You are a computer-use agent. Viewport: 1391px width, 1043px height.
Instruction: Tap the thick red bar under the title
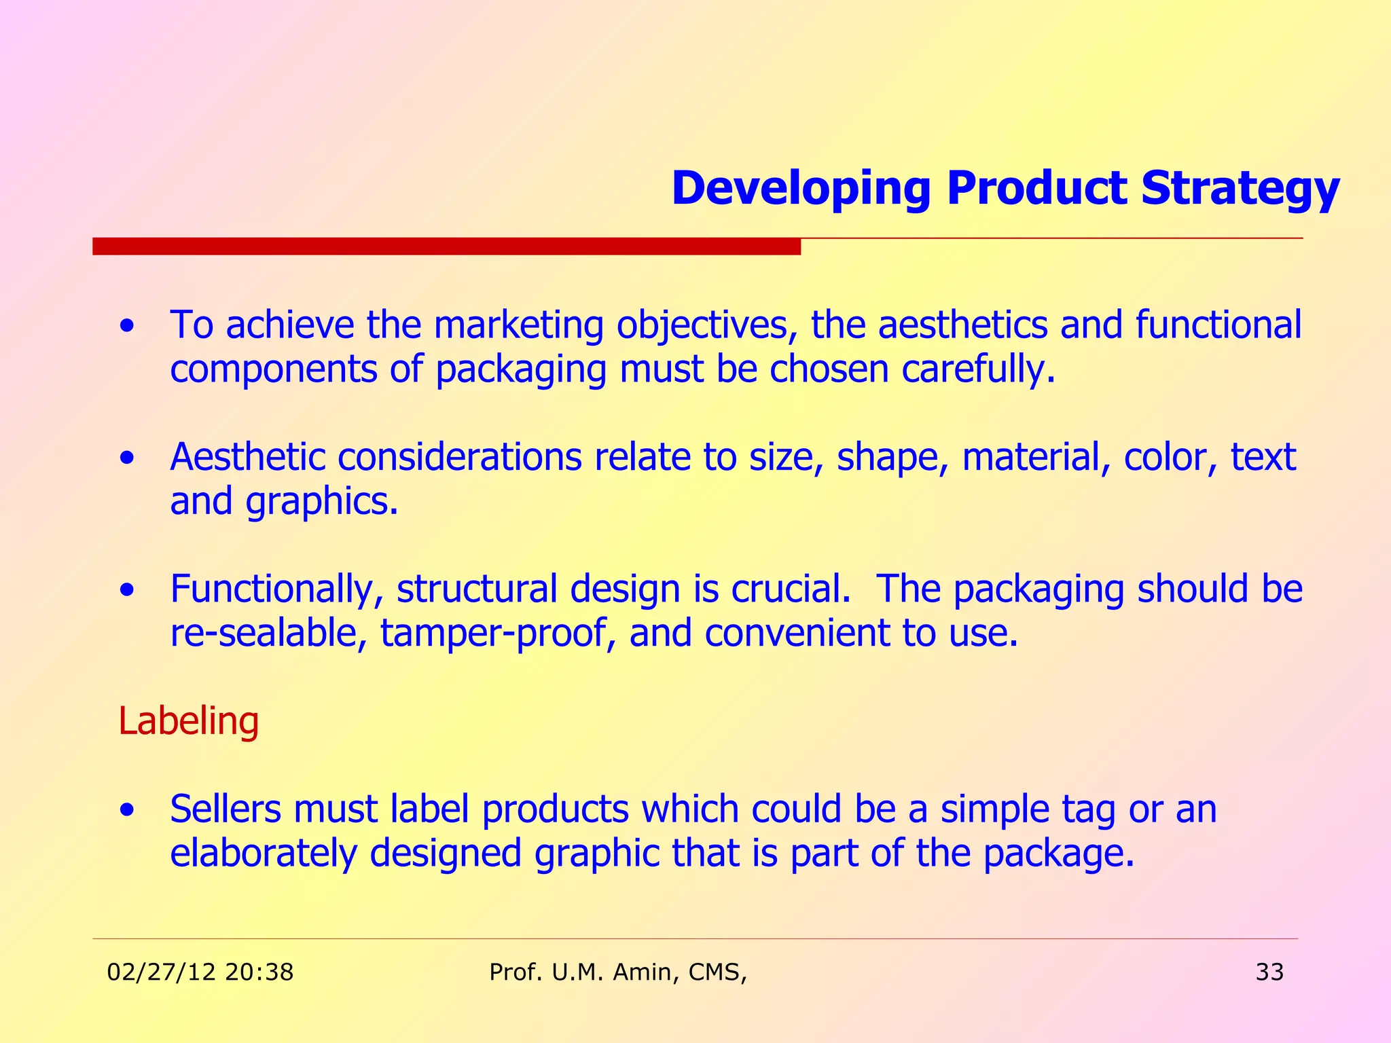click(x=446, y=246)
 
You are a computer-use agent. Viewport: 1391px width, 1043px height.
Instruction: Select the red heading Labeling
click(x=188, y=721)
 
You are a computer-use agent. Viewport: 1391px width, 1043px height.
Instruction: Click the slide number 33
click(x=1269, y=972)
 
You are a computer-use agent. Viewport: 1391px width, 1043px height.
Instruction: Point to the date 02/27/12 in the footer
click(x=162, y=972)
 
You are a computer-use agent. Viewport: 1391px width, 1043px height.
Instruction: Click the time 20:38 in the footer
click(x=259, y=972)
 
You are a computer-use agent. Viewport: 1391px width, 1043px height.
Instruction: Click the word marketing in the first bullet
click(x=518, y=325)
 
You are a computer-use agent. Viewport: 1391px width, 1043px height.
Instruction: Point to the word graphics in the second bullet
click(x=321, y=502)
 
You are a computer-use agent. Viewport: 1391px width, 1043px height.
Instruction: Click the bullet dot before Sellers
click(x=126, y=811)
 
